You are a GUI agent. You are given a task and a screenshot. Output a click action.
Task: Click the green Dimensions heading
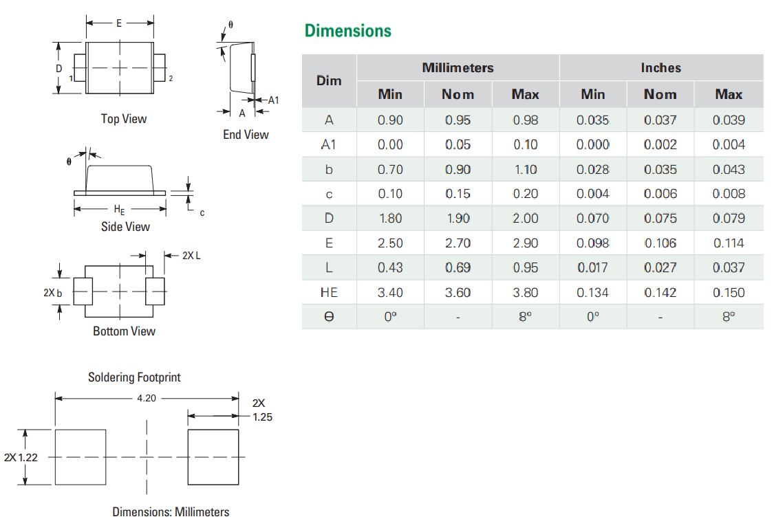point(347,31)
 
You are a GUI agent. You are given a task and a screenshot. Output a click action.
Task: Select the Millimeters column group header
point(458,68)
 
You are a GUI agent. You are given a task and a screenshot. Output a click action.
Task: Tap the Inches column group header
point(660,68)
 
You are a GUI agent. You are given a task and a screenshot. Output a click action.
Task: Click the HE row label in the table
point(329,293)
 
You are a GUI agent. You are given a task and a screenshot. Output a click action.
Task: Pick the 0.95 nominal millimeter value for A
point(458,120)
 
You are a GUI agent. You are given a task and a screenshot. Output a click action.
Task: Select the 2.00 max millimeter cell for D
point(525,219)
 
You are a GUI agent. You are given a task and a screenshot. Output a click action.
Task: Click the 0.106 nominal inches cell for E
point(660,243)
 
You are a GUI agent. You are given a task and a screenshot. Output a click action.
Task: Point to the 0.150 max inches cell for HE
point(729,293)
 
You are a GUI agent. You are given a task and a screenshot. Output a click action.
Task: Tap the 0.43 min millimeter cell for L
point(390,268)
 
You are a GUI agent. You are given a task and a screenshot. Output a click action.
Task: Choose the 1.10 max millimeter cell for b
point(525,170)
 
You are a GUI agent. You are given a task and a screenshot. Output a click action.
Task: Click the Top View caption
point(124,119)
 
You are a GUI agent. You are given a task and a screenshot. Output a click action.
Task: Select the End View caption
point(246,135)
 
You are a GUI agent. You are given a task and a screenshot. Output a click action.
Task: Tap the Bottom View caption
point(124,331)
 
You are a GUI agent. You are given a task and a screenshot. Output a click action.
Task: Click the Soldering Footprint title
point(134,377)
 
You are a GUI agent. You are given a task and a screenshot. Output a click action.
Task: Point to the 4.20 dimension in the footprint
point(147,398)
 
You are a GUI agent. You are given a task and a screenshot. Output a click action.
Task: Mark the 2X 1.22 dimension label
point(21,457)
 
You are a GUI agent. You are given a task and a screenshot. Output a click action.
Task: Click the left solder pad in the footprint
point(80,457)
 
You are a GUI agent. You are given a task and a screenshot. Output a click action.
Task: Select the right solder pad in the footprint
point(213,457)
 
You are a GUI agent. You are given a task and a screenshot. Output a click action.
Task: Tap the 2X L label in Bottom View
point(191,256)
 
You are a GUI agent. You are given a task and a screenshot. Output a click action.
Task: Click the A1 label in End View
point(273,100)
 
